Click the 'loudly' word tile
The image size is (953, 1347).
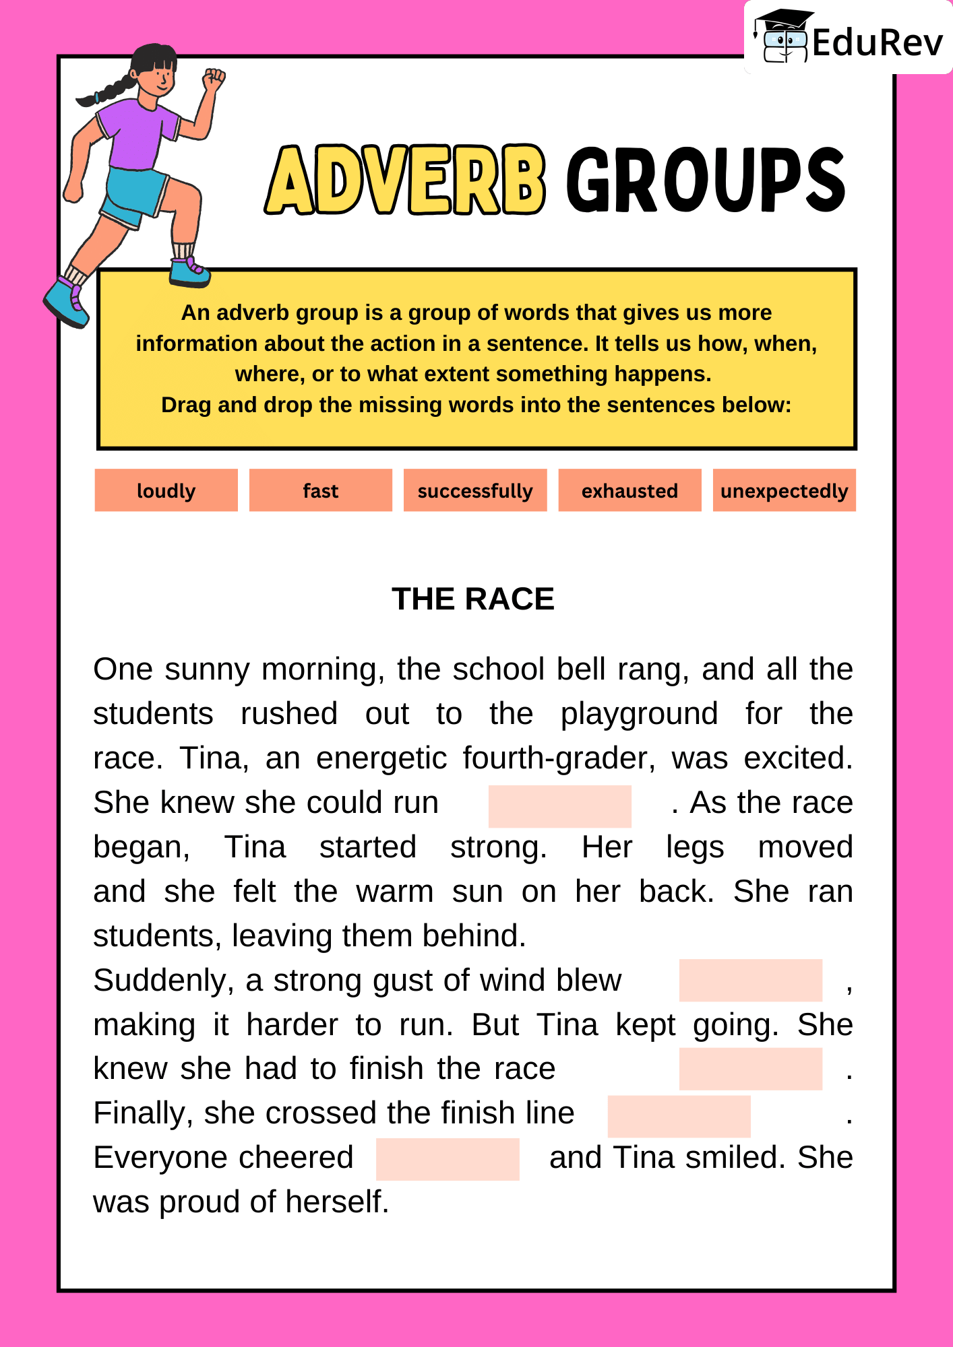[166, 490]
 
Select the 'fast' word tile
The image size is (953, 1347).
[320, 490]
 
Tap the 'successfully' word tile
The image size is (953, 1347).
[474, 490]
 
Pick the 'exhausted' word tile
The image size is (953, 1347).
[629, 490]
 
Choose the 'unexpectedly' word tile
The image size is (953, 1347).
[784, 490]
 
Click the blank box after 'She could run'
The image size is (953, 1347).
[559, 806]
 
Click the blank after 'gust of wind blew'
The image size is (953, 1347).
[750, 980]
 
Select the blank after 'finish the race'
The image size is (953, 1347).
[750, 1069]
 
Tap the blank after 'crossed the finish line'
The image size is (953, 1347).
[679, 1116]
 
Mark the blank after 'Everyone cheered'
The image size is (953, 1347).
[448, 1159]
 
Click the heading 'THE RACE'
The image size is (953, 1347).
[472, 599]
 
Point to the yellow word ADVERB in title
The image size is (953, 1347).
[404, 180]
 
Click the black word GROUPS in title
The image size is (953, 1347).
[705, 180]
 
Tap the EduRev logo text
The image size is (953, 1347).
[877, 43]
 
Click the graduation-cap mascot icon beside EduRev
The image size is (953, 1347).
[782, 37]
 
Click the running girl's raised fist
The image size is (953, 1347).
[214, 79]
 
